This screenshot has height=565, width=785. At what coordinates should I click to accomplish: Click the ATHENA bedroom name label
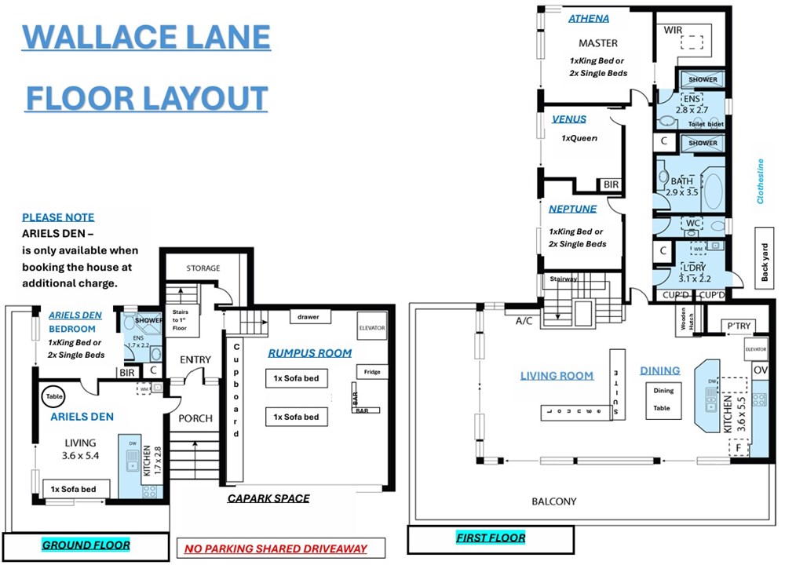588,19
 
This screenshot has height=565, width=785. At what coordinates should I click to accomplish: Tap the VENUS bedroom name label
568,120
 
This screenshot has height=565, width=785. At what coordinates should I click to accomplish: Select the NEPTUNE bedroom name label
572,209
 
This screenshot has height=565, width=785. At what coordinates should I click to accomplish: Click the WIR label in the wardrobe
673,30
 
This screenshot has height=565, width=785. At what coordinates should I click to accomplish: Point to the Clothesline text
760,181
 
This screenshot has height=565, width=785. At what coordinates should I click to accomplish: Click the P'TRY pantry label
739,325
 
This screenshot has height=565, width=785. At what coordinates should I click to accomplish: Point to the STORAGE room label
203,268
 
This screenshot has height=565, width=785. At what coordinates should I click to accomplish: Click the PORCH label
195,418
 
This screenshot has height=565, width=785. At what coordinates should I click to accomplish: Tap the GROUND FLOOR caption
86,545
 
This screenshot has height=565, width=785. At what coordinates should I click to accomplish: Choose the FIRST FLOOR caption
490,538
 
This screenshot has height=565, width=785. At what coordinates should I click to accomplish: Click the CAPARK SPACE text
268,498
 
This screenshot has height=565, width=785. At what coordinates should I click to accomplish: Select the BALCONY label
553,501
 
